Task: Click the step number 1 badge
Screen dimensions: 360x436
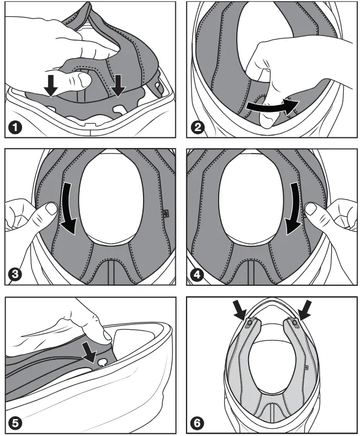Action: click(15, 128)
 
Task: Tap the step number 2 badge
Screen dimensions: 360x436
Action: click(197, 128)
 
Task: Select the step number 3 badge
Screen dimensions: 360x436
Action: click(15, 274)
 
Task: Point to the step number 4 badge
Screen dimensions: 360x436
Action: click(197, 274)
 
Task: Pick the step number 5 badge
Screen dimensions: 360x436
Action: click(15, 423)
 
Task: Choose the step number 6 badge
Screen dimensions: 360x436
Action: click(197, 423)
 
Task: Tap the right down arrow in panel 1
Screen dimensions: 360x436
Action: click(118, 86)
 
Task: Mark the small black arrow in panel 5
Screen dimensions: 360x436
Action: click(90, 352)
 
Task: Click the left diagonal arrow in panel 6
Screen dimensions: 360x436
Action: click(240, 310)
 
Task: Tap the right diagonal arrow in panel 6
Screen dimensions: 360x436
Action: click(305, 310)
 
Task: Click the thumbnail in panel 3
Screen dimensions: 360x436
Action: click(52, 208)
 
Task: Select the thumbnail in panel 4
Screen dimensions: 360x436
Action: click(310, 208)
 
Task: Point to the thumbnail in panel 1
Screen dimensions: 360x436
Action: click(85, 80)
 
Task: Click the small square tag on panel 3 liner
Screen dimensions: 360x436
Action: click(166, 213)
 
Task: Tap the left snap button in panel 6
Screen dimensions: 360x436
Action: click(249, 322)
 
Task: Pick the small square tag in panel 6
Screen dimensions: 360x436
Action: click(306, 367)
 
